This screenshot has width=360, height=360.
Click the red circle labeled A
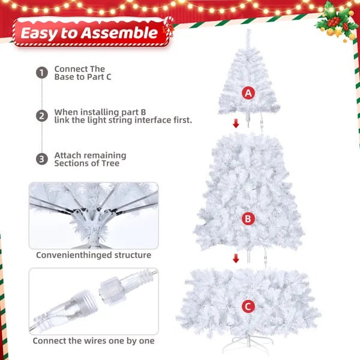coord(248,93)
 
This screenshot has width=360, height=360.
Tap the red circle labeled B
coord(248,219)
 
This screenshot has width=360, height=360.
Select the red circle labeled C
coord(248,307)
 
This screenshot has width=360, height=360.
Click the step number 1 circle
coord(41,73)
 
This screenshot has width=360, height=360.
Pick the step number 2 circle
coord(41,116)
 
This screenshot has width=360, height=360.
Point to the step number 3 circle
coord(41,159)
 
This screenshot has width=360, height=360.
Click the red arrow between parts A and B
coord(236,124)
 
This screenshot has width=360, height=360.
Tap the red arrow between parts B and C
coord(236,259)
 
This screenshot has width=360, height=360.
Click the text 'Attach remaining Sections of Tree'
coord(90,159)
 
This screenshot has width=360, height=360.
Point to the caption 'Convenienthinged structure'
coord(94,255)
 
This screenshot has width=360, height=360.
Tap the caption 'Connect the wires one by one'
coord(94,341)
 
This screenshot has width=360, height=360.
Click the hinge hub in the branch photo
coord(90,219)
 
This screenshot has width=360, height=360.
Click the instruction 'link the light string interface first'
coord(123,120)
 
